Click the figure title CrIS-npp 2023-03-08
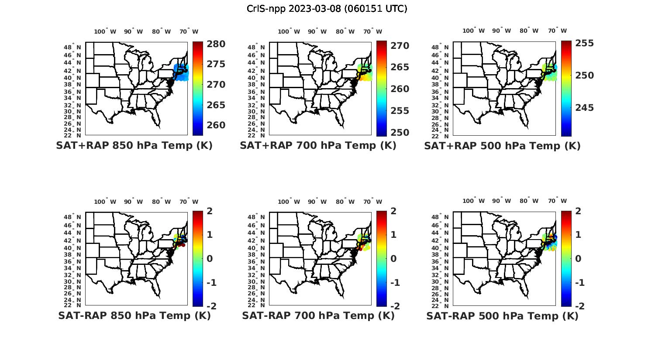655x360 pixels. coord(327,9)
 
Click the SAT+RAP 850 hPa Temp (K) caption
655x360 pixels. coord(134,146)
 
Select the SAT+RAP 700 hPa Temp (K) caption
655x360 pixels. coord(318,146)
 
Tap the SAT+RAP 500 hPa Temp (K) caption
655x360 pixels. coord(502,146)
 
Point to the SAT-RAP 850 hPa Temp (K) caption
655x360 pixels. coord(134,316)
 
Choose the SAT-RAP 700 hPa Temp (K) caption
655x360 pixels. coord(318,316)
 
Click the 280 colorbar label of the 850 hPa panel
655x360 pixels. coord(216,44)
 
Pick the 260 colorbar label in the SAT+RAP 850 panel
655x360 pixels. coord(216,125)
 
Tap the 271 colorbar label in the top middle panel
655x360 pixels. coord(400,46)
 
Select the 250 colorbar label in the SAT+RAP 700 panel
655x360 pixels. coord(400,133)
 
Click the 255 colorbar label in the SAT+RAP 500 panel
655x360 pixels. coord(585,43)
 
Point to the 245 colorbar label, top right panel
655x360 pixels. coord(585,108)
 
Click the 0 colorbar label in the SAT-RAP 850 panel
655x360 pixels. coord(209,259)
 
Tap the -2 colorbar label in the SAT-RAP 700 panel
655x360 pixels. coord(394,306)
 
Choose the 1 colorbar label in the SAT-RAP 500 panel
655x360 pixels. coord(579,235)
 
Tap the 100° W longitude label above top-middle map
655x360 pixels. coord(289,31)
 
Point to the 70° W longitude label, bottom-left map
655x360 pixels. coord(189,202)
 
